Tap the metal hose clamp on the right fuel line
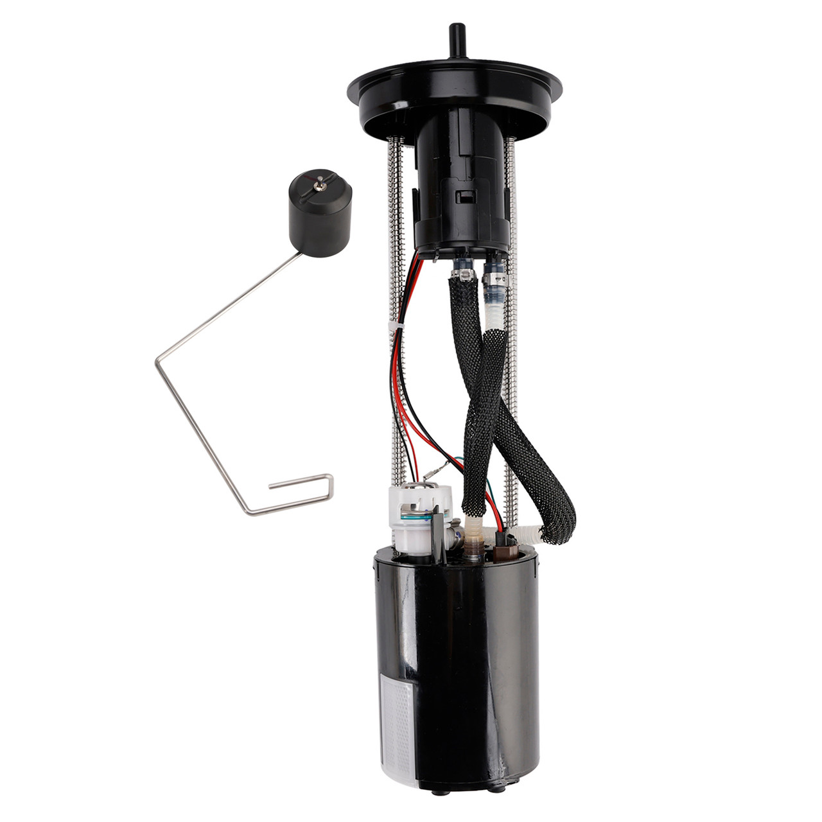(496, 278)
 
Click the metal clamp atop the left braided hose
(460, 277)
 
